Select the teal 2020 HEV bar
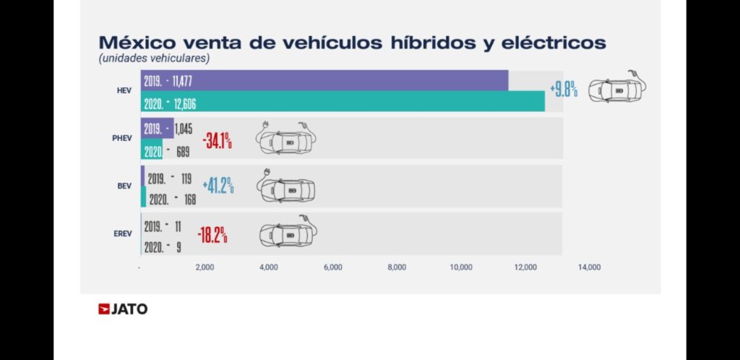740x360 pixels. point(343,102)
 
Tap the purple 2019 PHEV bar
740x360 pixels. point(158,128)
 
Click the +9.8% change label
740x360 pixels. point(564,91)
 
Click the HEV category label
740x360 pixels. point(124,90)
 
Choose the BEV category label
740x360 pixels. point(124,186)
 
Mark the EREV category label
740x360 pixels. point(121,233)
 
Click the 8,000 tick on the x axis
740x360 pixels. point(397,267)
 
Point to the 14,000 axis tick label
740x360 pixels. point(589,267)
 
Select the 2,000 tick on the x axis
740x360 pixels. point(205,267)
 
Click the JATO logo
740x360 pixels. point(123,309)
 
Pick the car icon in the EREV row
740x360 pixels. point(288,233)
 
